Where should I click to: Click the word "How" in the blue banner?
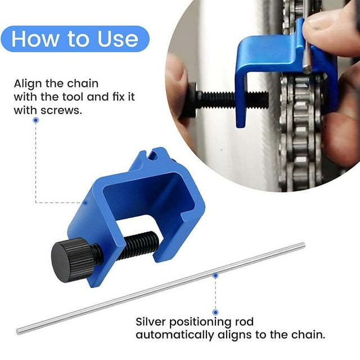[x=35, y=39]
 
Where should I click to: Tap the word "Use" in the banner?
[x=118, y=39]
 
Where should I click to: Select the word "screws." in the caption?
[x=61, y=111]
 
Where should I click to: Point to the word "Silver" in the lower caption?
[x=151, y=321]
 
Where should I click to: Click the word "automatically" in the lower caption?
[x=174, y=335]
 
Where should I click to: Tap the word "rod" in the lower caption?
[x=244, y=321]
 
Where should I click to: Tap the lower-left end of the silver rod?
[x=19, y=331]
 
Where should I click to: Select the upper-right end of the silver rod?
[x=303, y=245]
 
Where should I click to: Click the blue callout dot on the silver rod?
[x=215, y=276]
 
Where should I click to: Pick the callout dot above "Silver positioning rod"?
[x=215, y=312]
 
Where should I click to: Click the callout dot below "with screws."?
[x=36, y=120]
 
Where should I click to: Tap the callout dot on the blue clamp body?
[x=85, y=202]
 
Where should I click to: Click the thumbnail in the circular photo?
[x=317, y=22]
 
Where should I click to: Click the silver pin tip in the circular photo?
[x=307, y=69]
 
